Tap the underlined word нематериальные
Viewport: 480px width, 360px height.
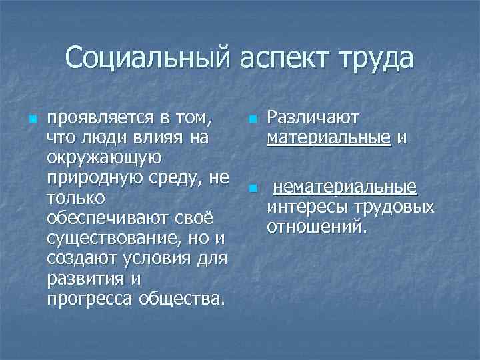[x=346, y=187]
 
